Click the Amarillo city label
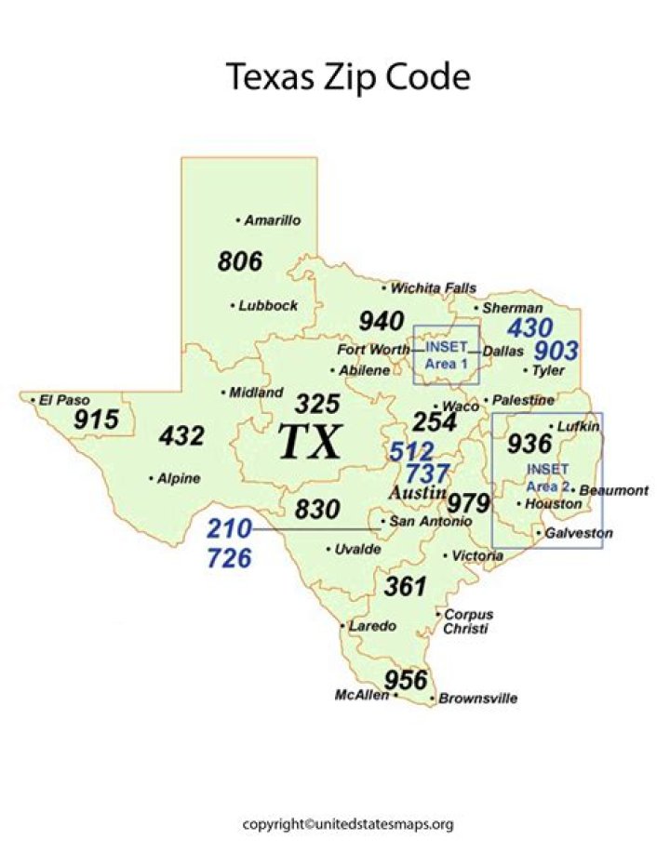pos(272,220)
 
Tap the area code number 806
pos(240,261)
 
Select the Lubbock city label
pos(267,305)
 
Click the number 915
pos(97,420)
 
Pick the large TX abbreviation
pos(311,442)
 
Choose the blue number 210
pos(229,529)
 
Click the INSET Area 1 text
pos(447,354)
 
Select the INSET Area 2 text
pos(547,477)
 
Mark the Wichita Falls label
pos(433,288)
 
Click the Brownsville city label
pos(477,699)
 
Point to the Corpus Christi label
pos(469,621)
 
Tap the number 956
pos(406,679)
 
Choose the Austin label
pos(417,492)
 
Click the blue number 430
pos(529,327)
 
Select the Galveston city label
pos(579,533)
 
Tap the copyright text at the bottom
pos(348,824)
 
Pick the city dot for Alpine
pos(152,478)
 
